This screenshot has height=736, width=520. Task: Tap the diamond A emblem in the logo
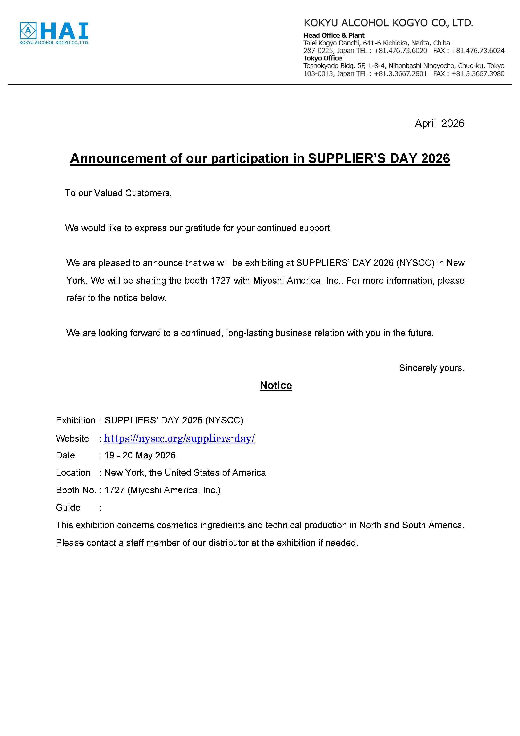click(28, 31)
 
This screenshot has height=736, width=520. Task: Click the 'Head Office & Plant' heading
click(334, 35)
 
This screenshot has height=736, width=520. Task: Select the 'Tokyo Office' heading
click(323, 58)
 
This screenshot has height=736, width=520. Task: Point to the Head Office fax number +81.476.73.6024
click(478, 51)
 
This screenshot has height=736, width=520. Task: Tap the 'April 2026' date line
click(439, 123)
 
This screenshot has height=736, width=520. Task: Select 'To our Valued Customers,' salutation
click(118, 193)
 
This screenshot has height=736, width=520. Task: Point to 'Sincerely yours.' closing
click(432, 368)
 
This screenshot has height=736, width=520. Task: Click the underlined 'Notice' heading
click(276, 385)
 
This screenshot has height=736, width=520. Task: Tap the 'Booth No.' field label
click(76, 490)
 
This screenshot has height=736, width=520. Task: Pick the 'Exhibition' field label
click(75, 420)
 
